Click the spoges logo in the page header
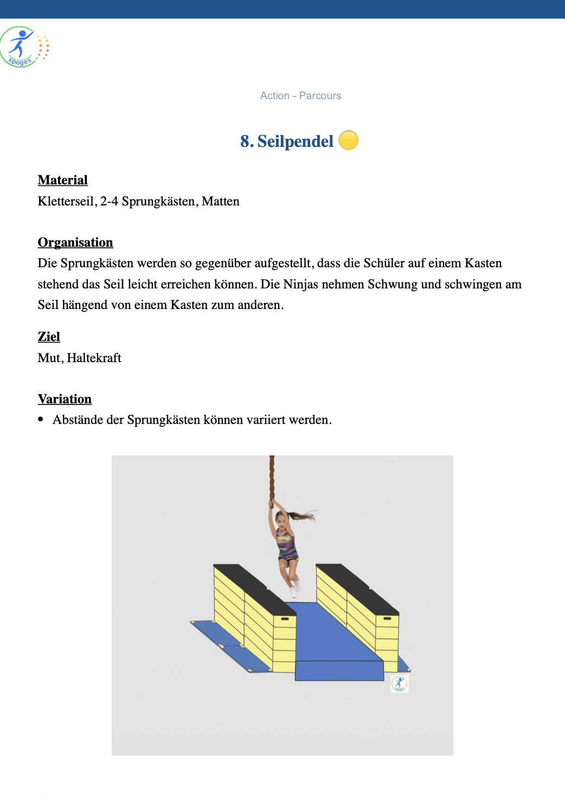click(24, 47)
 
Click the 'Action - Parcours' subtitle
click(300, 96)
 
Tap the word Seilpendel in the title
click(295, 141)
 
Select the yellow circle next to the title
click(348, 140)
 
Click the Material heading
click(62, 180)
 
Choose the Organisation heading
click(75, 242)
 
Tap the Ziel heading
click(49, 337)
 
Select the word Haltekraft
click(94, 358)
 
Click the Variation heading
click(65, 399)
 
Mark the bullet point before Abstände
click(41, 420)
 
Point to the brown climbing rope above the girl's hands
click(272, 477)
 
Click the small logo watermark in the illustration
click(400, 684)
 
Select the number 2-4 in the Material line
click(109, 202)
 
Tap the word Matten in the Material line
click(220, 202)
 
